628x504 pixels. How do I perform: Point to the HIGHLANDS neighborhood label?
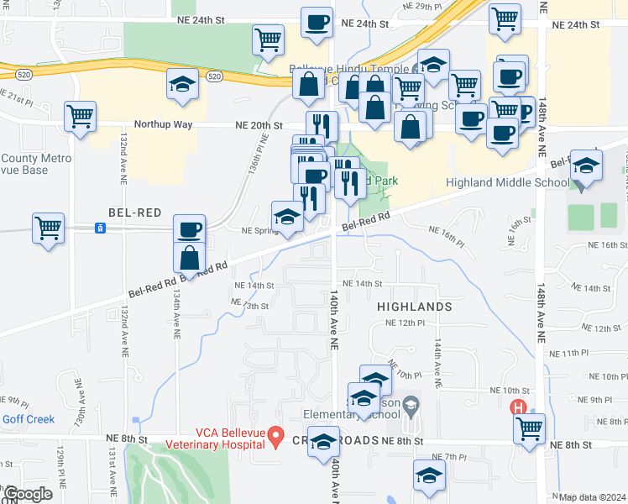tap(415, 307)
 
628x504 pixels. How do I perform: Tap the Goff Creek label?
tap(28, 419)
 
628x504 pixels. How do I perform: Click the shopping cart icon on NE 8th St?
tap(529, 428)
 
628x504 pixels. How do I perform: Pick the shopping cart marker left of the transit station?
tap(48, 227)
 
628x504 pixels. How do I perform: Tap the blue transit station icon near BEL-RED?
tap(100, 228)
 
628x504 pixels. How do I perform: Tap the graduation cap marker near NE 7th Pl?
tap(429, 475)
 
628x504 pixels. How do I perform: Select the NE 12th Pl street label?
tap(406, 323)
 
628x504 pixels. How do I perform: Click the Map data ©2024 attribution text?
tap(593, 497)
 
